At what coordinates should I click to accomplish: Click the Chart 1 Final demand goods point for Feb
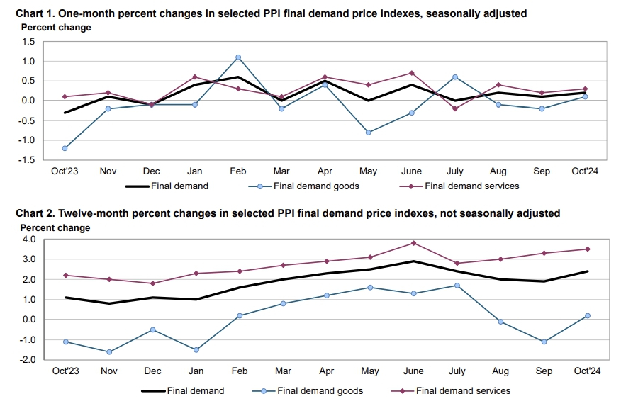(238, 57)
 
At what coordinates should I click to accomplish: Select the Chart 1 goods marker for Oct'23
(65, 148)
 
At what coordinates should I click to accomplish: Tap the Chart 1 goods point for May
(369, 133)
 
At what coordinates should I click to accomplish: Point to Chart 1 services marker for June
(412, 73)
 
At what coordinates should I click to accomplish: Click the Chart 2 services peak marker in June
(413, 243)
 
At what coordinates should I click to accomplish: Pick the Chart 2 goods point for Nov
(108, 351)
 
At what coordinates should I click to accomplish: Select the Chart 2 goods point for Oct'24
(586, 316)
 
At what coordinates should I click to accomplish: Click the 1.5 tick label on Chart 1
(28, 42)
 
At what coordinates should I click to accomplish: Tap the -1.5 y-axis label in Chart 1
(26, 160)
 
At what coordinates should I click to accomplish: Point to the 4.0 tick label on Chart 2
(28, 240)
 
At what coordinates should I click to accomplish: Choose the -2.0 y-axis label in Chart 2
(26, 360)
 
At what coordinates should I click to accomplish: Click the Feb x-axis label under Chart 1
(238, 171)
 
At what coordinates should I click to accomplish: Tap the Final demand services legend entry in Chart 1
(471, 186)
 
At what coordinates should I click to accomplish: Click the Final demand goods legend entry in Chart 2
(320, 390)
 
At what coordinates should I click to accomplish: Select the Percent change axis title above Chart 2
(55, 228)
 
